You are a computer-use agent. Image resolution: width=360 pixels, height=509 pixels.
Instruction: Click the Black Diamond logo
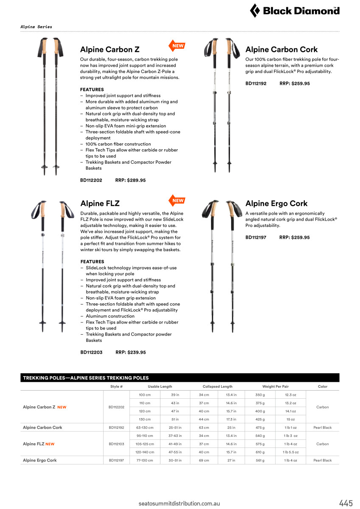click(295, 10)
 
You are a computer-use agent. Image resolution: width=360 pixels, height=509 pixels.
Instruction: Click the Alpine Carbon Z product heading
click(110, 50)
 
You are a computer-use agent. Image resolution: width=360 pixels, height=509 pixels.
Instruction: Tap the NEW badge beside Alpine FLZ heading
click(177, 201)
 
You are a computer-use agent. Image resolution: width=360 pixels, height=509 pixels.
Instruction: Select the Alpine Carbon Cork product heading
click(281, 50)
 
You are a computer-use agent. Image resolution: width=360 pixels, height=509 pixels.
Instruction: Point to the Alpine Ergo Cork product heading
click(276, 204)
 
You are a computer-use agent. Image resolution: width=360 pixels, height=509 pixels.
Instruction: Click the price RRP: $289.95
click(130, 180)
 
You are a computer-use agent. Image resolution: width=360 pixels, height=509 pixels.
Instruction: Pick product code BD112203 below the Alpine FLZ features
click(91, 352)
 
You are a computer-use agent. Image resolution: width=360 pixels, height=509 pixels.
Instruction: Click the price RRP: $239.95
click(131, 352)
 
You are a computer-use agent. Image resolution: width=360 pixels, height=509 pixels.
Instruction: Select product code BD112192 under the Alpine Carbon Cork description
click(256, 84)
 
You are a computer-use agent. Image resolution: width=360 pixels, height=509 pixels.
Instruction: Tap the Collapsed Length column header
click(217, 386)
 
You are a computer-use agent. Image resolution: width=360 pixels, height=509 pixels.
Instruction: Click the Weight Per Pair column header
click(276, 386)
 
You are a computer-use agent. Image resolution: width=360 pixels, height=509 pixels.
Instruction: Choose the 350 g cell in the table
click(260, 395)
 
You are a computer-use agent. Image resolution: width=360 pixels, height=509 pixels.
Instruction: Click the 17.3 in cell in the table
click(231, 420)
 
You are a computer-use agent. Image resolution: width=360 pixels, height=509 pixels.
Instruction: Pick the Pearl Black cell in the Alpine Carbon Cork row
click(322, 428)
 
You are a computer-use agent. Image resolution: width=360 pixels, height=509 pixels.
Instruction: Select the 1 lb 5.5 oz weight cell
click(291, 452)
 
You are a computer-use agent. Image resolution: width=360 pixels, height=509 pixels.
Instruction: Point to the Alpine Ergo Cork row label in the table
click(39, 460)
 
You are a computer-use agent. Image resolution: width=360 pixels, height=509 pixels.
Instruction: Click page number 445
click(346, 503)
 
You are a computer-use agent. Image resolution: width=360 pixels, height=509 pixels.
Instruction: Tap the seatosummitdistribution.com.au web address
click(179, 503)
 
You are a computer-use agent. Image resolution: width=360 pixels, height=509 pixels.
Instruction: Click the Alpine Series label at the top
click(37, 27)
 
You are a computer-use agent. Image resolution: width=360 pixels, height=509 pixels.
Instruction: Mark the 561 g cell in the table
click(260, 460)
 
